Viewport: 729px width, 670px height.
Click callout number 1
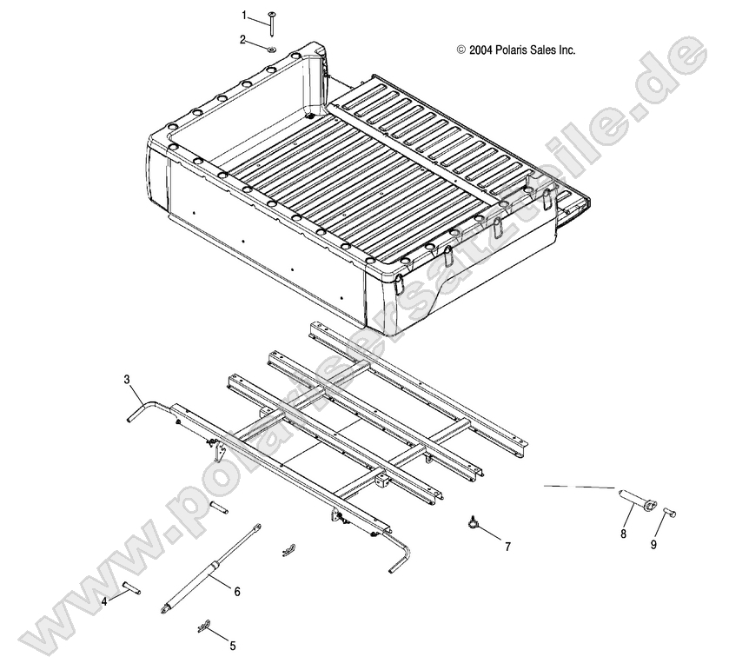coord(245,15)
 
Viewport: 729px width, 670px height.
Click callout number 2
coord(244,39)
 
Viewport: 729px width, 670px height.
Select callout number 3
coord(127,380)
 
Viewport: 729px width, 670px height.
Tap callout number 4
coord(104,600)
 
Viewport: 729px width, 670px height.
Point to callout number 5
coord(232,645)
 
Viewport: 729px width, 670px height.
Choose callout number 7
coord(507,547)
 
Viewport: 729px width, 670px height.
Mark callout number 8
coord(623,534)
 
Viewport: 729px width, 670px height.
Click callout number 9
coord(654,546)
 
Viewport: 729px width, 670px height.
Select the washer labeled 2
coord(270,48)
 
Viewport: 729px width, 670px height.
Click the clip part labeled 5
coord(205,626)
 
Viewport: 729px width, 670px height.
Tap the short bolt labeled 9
coord(669,514)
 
